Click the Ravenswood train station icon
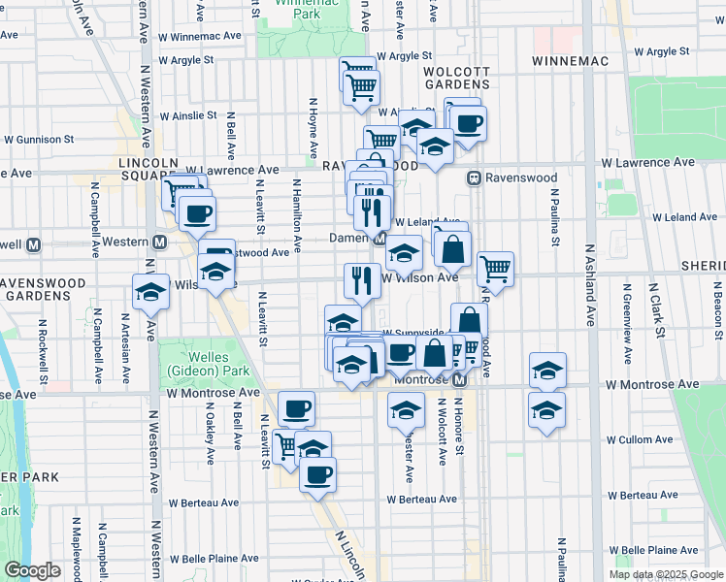[x=475, y=178]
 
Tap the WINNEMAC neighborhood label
[x=569, y=61]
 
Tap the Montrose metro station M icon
[x=461, y=379]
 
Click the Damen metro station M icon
[x=381, y=238]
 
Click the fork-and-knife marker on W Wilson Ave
[x=361, y=280]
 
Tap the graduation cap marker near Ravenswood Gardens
[x=150, y=290]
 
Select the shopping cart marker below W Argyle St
[x=361, y=86]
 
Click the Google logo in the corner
[x=33, y=570]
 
